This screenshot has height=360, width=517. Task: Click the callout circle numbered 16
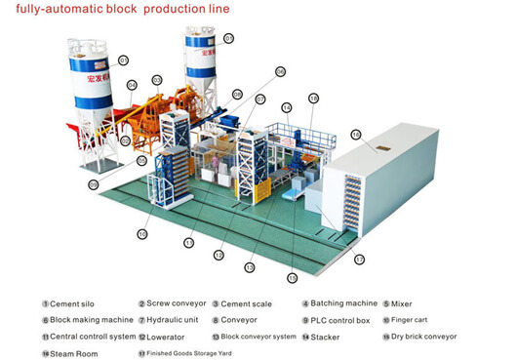(x=356, y=134)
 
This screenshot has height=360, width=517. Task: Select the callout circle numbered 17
(x=359, y=260)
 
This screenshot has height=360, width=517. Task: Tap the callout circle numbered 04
(x=132, y=85)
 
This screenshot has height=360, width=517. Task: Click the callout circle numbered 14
(x=287, y=106)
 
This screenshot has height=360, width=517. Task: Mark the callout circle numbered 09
(x=94, y=183)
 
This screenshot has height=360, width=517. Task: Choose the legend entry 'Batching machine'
(x=342, y=304)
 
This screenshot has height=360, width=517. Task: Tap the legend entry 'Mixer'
(x=401, y=304)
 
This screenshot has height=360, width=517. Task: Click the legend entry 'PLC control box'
(x=342, y=320)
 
